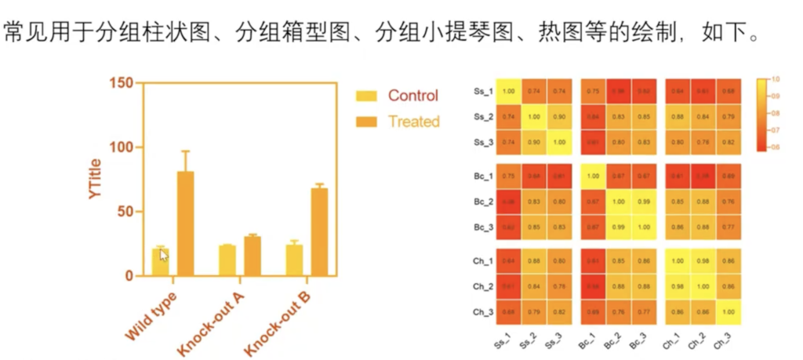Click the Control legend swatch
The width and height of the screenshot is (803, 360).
click(366, 96)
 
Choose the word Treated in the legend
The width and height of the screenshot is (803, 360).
click(413, 122)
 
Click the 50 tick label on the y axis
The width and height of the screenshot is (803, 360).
click(125, 212)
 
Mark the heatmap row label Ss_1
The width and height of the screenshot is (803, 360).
click(482, 92)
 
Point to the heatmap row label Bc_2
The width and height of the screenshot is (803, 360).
click(482, 202)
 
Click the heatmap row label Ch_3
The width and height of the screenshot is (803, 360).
click(482, 311)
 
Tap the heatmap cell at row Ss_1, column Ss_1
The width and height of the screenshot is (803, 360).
click(508, 92)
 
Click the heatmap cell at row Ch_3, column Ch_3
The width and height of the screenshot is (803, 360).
click(729, 311)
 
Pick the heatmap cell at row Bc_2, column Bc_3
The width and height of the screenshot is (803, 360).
click(644, 202)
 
